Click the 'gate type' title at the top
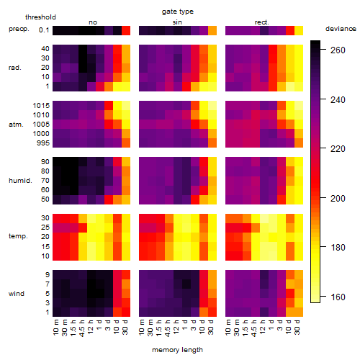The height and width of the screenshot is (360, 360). (178, 12)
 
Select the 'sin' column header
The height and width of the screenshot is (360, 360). (177, 22)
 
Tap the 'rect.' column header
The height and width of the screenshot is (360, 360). (262, 22)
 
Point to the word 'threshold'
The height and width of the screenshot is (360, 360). (40, 17)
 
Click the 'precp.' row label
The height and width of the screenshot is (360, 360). (19, 29)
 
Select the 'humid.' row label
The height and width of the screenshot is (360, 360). (20, 181)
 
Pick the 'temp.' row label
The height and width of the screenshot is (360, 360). (18, 236)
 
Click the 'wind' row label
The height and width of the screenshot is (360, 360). (17, 294)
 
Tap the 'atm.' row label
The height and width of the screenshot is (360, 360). (16, 125)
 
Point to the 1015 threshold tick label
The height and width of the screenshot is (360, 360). (41, 106)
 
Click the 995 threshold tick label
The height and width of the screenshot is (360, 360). (43, 143)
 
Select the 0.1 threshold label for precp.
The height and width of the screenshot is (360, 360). (44, 30)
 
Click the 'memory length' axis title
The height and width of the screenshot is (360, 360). (178, 350)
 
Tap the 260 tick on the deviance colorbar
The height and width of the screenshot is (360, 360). (338, 50)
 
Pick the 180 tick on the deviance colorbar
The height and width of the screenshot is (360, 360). (338, 248)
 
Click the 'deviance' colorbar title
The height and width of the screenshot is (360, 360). (341, 29)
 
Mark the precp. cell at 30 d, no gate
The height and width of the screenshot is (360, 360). (126, 31)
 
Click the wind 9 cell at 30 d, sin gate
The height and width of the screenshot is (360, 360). (212, 275)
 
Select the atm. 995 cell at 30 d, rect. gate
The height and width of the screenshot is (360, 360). (299, 143)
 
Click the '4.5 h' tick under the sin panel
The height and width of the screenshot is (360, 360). (168, 328)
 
